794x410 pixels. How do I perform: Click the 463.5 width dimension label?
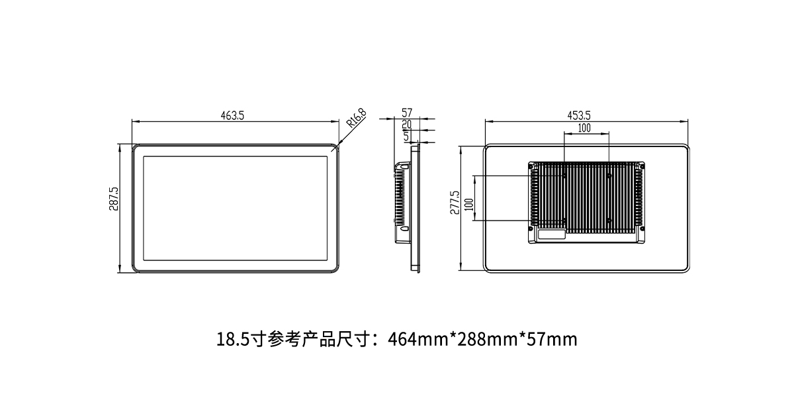tap(232, 116)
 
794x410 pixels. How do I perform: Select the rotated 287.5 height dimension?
tap(114, 199)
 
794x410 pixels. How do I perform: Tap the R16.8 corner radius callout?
tap(356, 118)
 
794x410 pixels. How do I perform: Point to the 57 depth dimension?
tap(406, 113)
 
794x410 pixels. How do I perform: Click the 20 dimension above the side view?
tap(406, 125)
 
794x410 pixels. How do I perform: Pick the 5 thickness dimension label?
tap(406, 136)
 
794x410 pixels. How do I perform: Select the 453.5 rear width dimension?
tap(579, 116)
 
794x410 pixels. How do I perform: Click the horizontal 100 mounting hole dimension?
tap(584, 128)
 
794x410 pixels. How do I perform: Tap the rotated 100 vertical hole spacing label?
tap(468, 205)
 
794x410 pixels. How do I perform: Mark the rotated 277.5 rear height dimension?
tap(455, 203)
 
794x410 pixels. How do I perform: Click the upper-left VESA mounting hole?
tap(564, 176)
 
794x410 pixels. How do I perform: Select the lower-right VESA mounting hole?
tap(609, 221)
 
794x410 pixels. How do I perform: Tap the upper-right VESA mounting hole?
tap(609, 176)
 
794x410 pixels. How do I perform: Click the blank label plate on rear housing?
tap(552, 234)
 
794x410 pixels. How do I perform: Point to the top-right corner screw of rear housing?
tap(642, 166)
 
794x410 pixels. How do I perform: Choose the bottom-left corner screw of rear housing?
tap(531, 229)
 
